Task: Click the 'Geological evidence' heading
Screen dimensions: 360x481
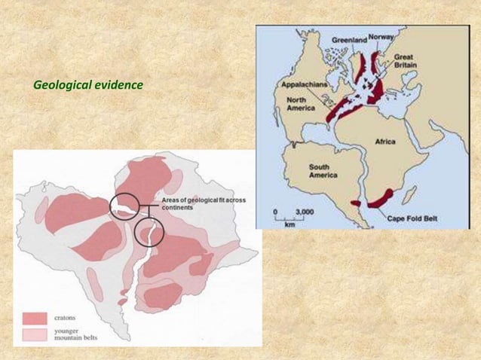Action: tap(88, 84)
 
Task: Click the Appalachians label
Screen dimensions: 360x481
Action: tap(304, 86)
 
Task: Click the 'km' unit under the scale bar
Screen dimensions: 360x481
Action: tap(290, 224)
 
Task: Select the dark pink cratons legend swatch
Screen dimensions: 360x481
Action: tap(35, 318)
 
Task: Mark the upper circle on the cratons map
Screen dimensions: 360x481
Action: tap(124, 206)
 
